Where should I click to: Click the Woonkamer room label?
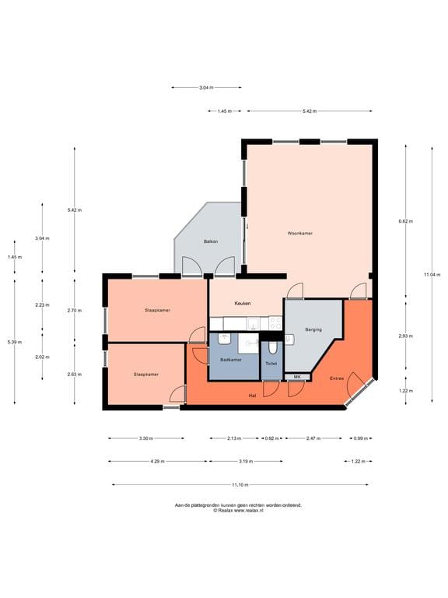[299, 233]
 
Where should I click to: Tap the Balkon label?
[211, 241]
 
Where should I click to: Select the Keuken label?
[243, 303]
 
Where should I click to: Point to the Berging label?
[313, 329]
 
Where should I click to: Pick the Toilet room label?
[271, 364]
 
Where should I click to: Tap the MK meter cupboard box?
[298, 377]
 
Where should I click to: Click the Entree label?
[337, 378]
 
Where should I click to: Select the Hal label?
[252, 396]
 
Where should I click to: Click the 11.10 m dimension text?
[240, 485]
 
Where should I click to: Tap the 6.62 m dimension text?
[405, 221]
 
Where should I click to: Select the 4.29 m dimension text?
[157, 462]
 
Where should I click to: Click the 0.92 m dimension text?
[271, 438]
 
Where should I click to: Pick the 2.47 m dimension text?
[313, 438]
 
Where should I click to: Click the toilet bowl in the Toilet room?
[272, 347]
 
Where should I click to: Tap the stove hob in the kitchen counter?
[275, 323]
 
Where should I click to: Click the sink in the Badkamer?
[224, 339]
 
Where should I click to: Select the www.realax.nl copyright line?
[238, 510]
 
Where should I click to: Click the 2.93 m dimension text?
[405, 336]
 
